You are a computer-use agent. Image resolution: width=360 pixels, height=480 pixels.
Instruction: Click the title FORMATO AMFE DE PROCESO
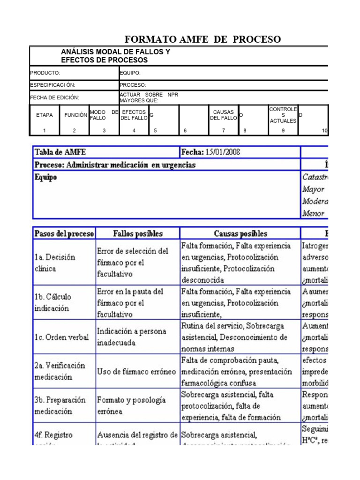(202, 39)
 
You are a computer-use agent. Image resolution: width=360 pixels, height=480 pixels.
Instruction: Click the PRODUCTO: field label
(45, 73)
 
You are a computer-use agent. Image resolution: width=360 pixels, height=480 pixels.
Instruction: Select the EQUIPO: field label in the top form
(130, 73)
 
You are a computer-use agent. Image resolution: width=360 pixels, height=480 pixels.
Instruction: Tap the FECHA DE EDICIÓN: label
(55, 97)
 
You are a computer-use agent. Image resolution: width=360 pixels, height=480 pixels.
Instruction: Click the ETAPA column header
(45, 115)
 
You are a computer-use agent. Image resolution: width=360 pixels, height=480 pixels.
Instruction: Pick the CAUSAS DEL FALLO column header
(224, 115)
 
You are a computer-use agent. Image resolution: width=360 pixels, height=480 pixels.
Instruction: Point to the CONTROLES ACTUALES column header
(283, 115)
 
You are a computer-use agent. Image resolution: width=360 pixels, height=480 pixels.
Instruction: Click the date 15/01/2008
(223, 152)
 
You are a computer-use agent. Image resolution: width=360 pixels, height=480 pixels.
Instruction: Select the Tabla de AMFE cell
(60, 152)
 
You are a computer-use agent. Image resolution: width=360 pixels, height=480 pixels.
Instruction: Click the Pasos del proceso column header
(64, 233)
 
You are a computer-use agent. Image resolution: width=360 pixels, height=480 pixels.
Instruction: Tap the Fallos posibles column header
(138, 233)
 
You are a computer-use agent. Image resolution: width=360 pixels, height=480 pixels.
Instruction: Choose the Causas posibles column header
(240, 233)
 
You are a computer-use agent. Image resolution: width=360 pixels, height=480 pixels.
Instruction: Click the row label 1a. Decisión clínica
(55, 263)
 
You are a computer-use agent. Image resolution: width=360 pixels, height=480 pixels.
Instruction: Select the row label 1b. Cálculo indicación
(52, 303)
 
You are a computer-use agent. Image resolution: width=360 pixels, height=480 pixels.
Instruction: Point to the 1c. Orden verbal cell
(61, 337)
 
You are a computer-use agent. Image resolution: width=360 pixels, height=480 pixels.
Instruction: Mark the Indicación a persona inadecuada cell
(131, 337)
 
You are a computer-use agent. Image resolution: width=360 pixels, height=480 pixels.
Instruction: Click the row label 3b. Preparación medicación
(60, 406)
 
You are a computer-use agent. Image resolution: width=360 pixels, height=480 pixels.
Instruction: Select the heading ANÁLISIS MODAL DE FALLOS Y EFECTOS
(116, 56)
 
